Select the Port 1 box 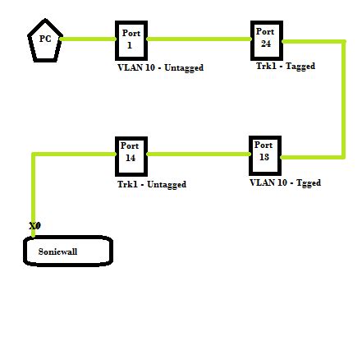tap(131, 39)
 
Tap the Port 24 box tap(265, 39)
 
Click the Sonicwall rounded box tap(67, 251)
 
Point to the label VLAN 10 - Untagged tap(160, 68)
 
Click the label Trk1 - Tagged tap(285, 66)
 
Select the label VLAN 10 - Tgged tap(285, 182)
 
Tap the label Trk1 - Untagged tap(151, 184)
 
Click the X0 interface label tap(34, 225)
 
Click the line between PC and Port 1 tap(88, 39)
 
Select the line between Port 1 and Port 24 tap(198, 39)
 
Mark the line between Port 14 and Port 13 tap(198, 154)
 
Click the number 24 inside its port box tap(265, 43)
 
